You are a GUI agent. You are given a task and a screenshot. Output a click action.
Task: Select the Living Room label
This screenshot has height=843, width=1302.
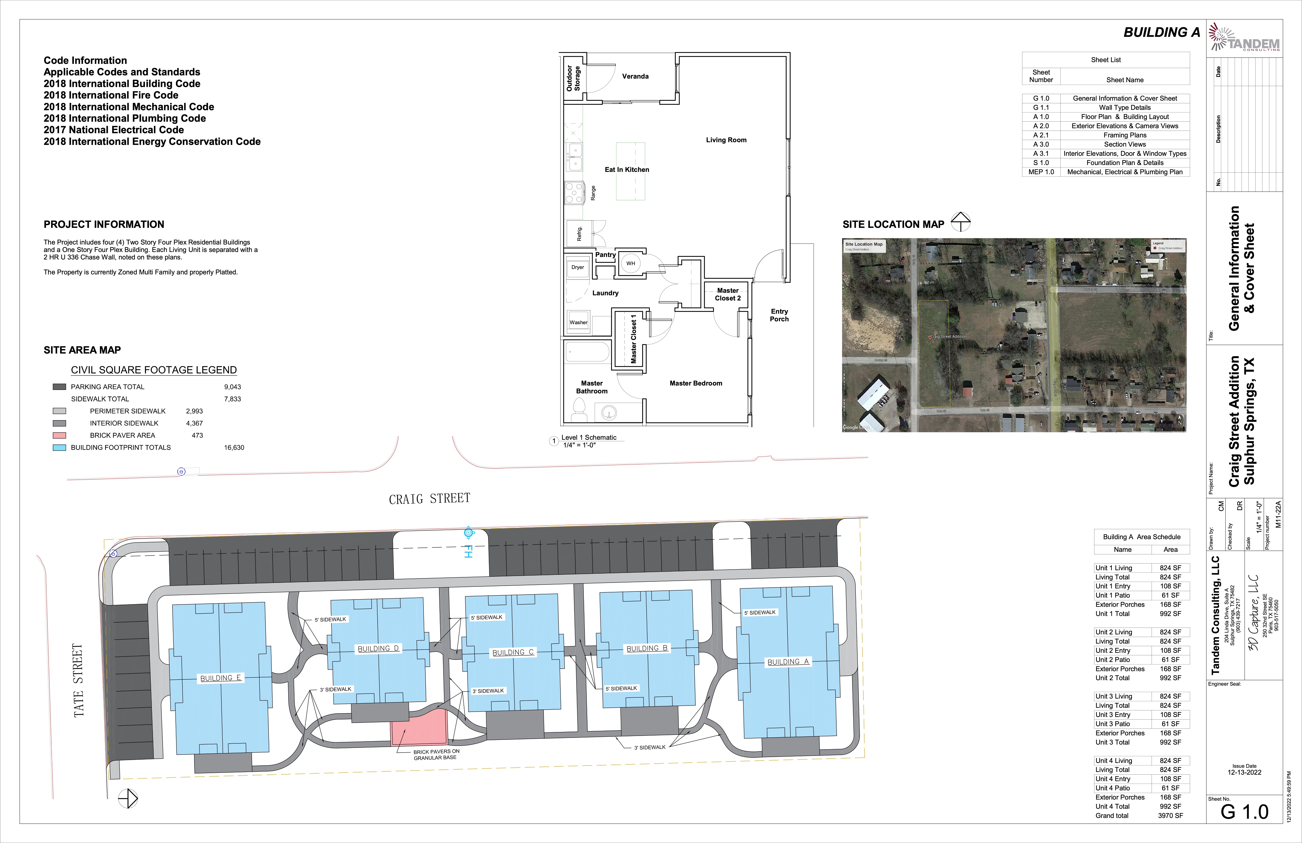726,140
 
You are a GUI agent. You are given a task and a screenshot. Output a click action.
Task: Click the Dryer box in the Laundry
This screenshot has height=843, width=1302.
578,268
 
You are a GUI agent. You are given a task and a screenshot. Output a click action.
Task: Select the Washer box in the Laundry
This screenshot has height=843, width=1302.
578,322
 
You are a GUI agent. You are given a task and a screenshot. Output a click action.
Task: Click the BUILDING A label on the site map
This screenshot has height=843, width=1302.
788,662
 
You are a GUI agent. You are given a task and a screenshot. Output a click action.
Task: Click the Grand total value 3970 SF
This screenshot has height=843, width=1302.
1170,816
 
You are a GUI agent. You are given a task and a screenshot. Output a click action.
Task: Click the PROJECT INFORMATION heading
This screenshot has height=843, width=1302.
104,224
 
